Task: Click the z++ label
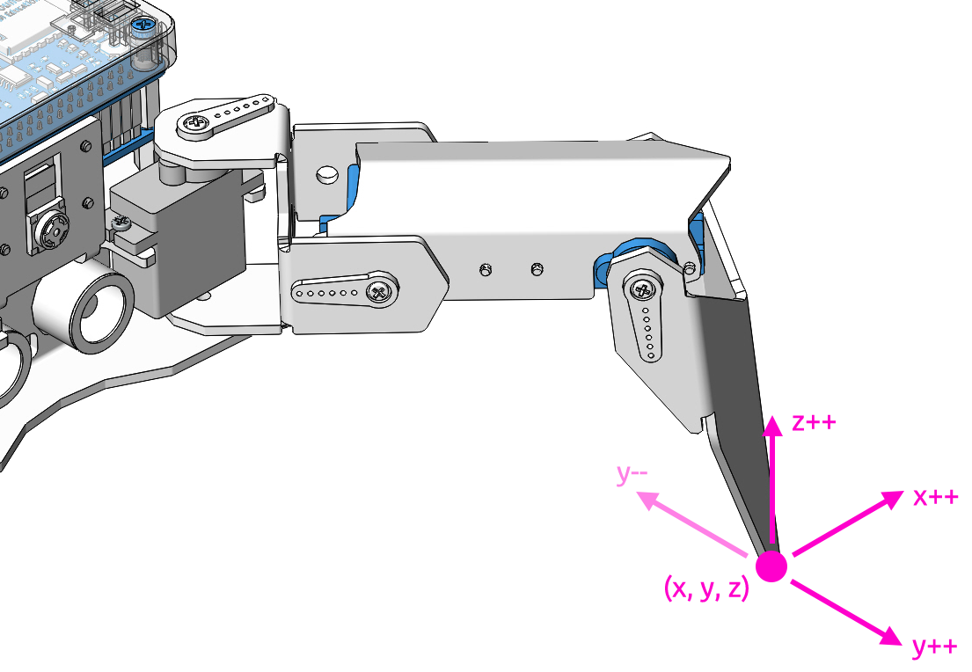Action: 814,423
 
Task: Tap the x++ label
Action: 936,497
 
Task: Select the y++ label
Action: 935,647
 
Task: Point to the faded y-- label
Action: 632,473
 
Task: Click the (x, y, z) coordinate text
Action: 706,588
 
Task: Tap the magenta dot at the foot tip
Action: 771,566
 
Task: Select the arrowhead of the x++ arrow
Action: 892,499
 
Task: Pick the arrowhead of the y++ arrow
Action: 891,636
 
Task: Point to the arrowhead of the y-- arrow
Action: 647,499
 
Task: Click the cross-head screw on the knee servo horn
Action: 643,289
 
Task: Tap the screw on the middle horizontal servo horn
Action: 379,291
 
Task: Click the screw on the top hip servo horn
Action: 194,123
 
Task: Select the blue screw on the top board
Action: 143,26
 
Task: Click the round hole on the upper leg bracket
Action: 326,174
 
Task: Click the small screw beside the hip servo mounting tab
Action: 121,221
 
